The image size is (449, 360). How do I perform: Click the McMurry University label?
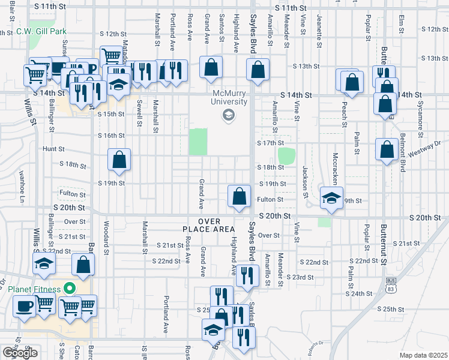[230, 97]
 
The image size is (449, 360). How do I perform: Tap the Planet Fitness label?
[34, 289]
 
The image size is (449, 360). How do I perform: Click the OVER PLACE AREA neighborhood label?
[208, 225]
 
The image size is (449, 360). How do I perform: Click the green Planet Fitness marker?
[70, 289]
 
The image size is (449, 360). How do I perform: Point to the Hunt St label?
[53, 148]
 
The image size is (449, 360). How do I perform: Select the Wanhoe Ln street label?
[22, 187]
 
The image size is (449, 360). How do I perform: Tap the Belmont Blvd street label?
[401, 153]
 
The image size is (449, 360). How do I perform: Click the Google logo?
[20, 353]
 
